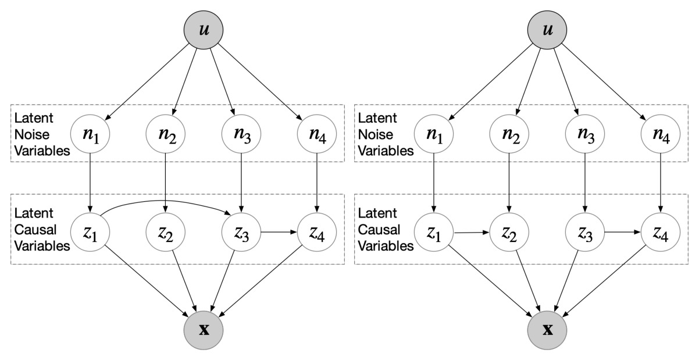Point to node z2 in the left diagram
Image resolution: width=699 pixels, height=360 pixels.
tap(166, 233)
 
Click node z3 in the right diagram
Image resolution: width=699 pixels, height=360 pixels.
tap(584, 233)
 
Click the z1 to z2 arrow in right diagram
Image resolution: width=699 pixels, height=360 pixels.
tap(472, 233)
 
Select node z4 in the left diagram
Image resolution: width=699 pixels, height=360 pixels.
tap(316, 233)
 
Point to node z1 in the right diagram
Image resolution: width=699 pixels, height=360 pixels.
tap(434, 233)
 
